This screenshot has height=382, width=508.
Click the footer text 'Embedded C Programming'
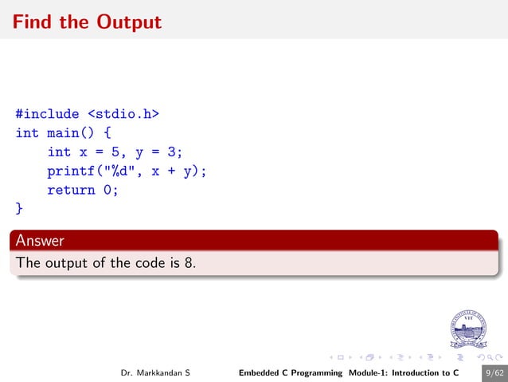point(291,372)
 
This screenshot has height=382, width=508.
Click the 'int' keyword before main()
point(27,132)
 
